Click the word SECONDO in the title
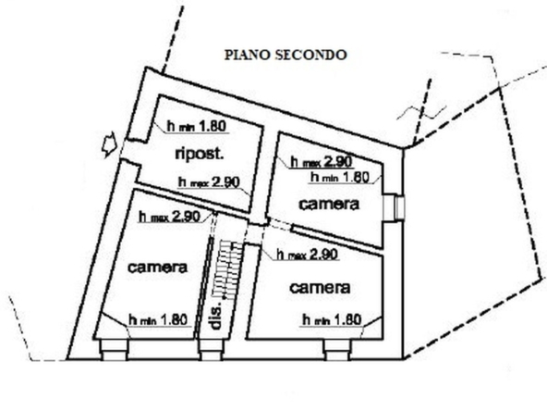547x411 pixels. [x=311, y=55]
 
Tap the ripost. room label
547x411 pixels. [x=199, y=154]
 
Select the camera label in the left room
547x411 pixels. [x=158, y=268]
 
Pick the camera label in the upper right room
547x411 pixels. [x=329, y=204]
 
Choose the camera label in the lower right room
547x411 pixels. [x=320, y=288]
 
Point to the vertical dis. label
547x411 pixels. [x=216, y=315]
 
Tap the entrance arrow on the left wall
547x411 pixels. [x=109, y=144]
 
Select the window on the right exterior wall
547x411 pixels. [x=394, y=207]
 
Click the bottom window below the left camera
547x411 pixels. [x=115, y=350]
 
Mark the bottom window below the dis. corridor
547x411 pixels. [x=211, y=350]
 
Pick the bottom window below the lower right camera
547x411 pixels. [x=337, y=350]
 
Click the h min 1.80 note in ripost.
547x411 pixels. [x=197, y=126]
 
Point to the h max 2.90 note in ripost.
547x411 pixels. [x=209, y=182]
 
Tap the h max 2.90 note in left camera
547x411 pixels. [x=169, y=217]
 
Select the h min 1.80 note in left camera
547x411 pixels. [x=158, y=319]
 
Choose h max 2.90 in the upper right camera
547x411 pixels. [x=322, y=161]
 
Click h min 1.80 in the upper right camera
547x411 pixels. [x=340, y=177]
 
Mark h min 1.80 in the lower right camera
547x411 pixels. [x=332, y=319]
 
